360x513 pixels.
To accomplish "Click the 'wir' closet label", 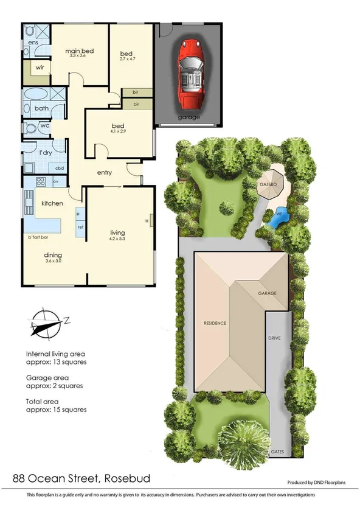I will pyautogui.click(x=40, y=68).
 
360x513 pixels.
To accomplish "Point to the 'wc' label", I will pyautogui.click(x=44, y=127).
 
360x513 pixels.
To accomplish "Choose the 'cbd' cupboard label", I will pyautogui.click(x=60, y=168).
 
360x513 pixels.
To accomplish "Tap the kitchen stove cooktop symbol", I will pyautogui.click(x=41, y=181).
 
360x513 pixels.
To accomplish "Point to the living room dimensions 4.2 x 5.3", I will pyautogui.click(x=117, y=239).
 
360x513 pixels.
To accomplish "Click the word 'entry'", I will pyautogui.click(x=105, y=173).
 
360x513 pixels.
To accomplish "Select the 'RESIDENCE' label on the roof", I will pyautogui.click(x=214, y=323).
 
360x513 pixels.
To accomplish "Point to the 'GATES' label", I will pyautogui.click(x=277, y=452).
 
